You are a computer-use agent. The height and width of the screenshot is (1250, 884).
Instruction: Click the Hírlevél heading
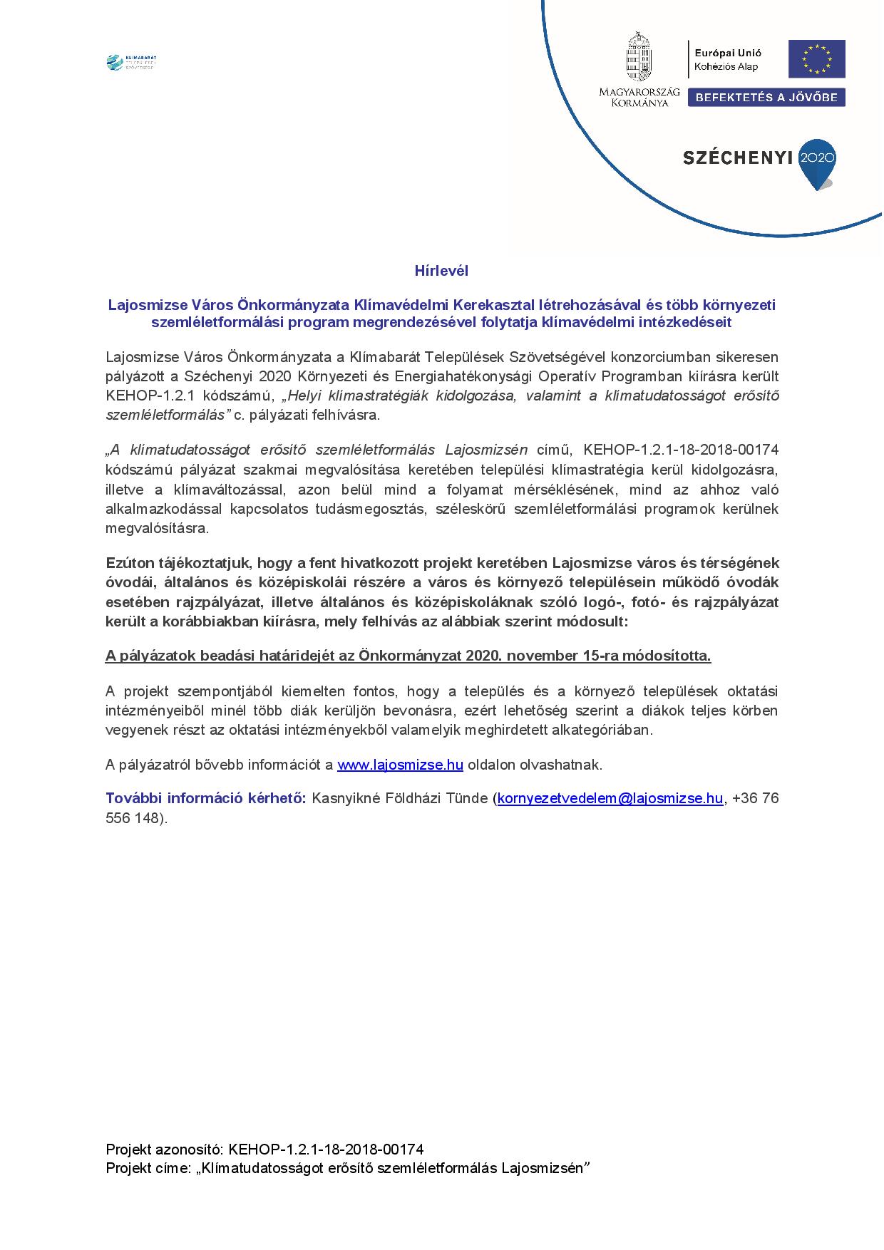441,271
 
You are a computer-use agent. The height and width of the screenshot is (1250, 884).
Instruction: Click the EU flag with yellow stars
816,59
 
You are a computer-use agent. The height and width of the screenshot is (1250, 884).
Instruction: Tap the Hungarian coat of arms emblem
639,57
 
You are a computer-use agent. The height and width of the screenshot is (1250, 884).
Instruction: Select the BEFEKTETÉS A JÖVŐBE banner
766,98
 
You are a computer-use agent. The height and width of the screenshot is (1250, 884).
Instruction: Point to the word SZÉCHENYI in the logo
738,158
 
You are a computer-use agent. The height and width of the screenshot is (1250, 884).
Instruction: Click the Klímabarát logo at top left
130,63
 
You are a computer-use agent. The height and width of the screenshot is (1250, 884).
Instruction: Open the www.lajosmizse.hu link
400,765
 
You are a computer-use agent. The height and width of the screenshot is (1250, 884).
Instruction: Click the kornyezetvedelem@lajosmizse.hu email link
610,798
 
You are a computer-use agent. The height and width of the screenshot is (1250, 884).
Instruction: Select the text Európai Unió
728,53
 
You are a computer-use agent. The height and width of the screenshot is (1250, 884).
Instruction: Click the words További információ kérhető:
205,798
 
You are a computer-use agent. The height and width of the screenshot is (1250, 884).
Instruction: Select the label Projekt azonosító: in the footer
165,1149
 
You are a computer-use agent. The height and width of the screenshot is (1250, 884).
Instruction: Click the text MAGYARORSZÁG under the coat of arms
639,93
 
